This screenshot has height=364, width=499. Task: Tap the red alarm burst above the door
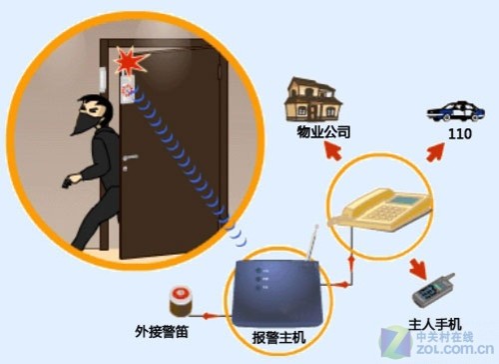click(127, 62)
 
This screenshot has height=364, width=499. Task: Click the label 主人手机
click(436, 327)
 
